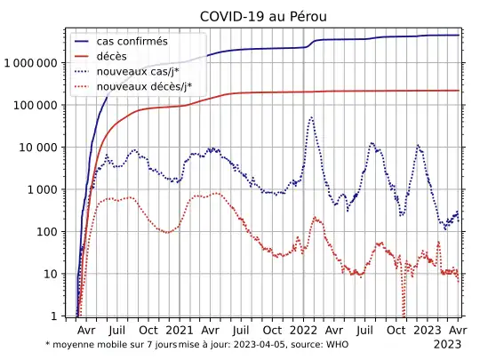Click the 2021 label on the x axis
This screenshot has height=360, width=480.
pyautogui.click(x=179, y=329)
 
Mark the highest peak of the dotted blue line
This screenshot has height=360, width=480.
pyautogui.click(x=311, y=117)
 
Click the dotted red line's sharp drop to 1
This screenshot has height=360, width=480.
pyautogui.click(x=404, y=313)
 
